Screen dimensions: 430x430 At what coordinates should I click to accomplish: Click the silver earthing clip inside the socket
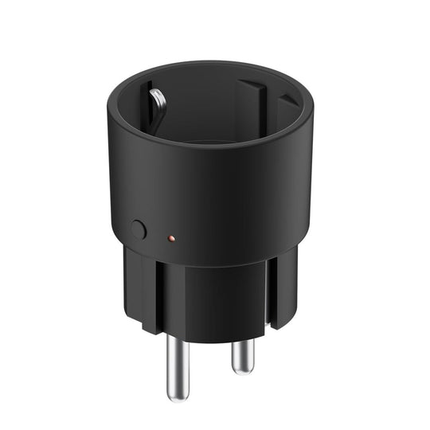pos(157,104)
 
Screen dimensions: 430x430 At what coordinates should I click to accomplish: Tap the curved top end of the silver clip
pos(159,92)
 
